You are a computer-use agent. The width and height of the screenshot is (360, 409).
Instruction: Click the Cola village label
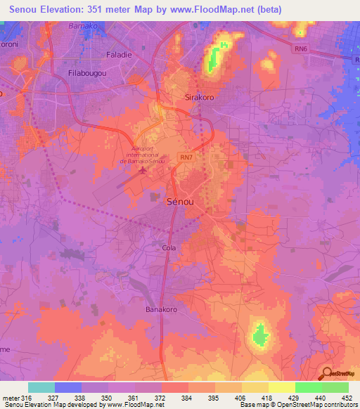tap(169, 248)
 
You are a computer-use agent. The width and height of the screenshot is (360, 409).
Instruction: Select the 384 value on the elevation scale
tap(188, 398)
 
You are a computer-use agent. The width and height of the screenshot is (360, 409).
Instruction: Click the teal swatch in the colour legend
tap(41, 387)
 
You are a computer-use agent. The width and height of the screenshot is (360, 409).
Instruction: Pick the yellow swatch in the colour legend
tap(281, 387)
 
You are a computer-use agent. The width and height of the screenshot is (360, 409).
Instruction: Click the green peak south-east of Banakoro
tap(260, 332)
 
